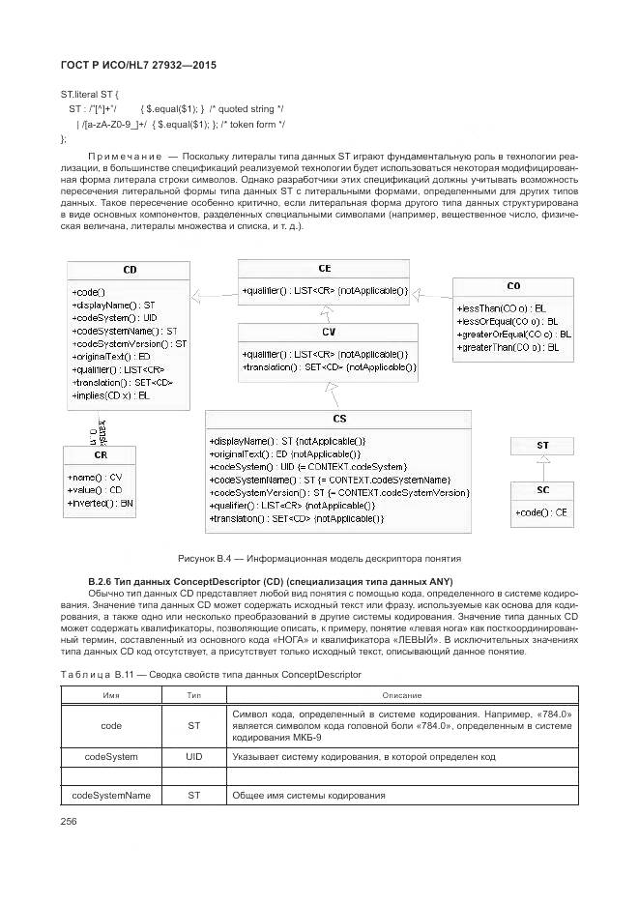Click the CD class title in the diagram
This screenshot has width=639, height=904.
(130, 271)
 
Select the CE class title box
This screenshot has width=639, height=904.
(324, 269)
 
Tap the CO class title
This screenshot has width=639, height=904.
(513, 286)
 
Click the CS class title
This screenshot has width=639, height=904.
(338, 419)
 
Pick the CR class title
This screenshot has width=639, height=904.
(101, 455)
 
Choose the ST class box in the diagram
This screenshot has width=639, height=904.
(542, 446)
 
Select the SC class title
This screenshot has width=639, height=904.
(542, 490)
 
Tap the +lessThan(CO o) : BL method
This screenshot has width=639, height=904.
(501, 307)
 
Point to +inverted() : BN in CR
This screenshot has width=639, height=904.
(101, 503)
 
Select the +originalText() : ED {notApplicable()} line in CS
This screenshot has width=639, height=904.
(285, 453)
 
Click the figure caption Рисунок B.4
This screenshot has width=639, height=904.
(319, 558)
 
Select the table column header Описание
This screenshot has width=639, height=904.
(401, 695)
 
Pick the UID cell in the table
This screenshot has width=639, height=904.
(193, 756)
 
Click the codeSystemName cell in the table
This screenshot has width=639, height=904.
(111, 795)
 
